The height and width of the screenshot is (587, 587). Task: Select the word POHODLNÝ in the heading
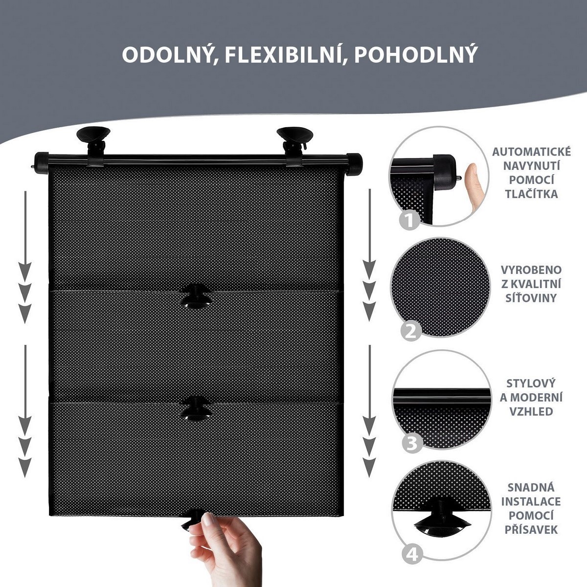(416, 55)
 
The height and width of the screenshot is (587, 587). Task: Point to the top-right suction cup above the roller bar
(295, 138)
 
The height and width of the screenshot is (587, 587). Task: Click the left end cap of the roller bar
(41, 163)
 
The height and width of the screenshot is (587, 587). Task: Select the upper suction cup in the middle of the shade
(196, 296)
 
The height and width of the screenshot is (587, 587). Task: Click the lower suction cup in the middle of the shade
(196, 408)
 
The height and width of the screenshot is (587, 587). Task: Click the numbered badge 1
(410, 220)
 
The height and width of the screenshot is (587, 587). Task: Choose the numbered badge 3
(412, 444)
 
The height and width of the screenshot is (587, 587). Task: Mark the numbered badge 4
(412, 555)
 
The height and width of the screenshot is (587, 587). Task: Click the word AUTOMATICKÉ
(531, 151)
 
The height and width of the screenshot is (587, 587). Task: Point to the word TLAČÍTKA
(531, 194)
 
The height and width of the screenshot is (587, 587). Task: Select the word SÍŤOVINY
(531, 297)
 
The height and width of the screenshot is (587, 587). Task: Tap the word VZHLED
(531, 411)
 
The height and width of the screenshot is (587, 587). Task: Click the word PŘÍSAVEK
(531, 530)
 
